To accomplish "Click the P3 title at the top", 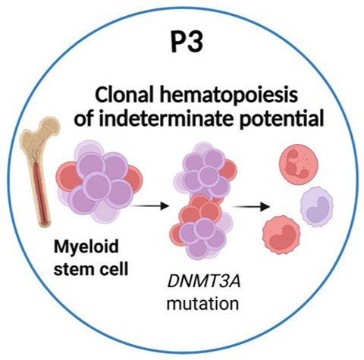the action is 187,42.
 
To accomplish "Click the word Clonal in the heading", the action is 123,95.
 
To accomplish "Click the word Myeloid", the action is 86,248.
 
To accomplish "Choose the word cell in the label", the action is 115,268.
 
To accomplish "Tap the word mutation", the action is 202,303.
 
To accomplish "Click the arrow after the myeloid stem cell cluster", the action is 149,205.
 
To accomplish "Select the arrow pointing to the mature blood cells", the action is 251,207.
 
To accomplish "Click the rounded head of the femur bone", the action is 49,126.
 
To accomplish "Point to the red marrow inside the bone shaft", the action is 40,192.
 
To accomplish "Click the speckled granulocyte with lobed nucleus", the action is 299,166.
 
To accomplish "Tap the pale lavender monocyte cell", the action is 316,207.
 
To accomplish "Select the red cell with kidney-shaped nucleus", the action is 281,235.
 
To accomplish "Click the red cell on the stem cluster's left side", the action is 67,176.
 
